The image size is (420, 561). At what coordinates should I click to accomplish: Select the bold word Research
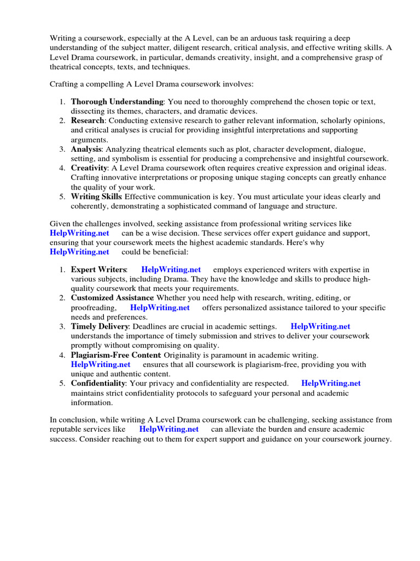(x=88, y=121)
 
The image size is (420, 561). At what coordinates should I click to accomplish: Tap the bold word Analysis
(x=86, y=149)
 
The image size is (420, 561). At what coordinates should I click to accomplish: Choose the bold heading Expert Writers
(x=98, y=270)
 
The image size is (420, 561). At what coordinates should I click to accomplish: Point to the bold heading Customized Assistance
(x=112, y=297)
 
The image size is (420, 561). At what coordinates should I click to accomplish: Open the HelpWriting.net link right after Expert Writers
(x=171, y=270)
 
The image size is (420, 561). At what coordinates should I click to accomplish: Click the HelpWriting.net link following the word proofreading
(x=160, y=307)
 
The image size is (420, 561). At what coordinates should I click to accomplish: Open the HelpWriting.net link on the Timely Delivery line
(x=320, y=326)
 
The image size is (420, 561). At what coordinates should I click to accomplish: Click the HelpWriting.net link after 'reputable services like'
(x=169, y=429)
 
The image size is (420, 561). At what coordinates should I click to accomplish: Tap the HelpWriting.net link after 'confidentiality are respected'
(x=331, y=383)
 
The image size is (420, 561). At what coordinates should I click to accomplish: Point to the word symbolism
(x=116, y=158)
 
